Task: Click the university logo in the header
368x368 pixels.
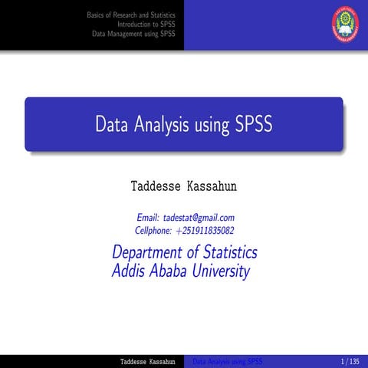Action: coord(344,24)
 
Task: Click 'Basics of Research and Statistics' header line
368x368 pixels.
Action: coord(131,15)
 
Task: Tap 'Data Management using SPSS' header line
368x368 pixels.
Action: coord(134,34)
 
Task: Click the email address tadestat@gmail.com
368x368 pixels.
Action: coord(199,218)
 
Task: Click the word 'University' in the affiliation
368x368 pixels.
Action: coord(217,271)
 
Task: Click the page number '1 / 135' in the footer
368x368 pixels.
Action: coord(349,361)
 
